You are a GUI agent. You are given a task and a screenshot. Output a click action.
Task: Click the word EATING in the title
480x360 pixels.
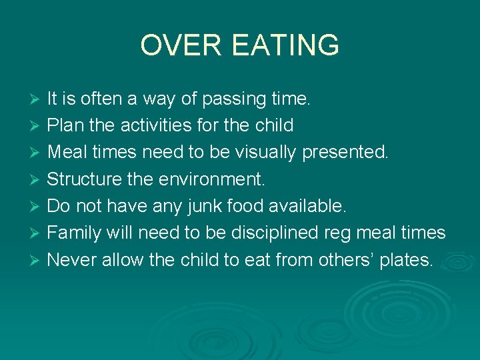pos(286,46)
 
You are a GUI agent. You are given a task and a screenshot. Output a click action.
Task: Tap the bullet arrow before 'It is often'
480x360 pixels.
pos(37,100)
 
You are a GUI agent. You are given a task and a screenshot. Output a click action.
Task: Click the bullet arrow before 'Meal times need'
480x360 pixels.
pos(37,153)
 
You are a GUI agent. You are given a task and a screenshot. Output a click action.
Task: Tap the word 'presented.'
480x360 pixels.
pos(345,153)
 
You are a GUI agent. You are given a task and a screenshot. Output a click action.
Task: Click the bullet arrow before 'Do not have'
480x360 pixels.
pos(37,207)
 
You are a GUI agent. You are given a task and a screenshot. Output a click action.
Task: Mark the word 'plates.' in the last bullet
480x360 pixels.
pos(406,260)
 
